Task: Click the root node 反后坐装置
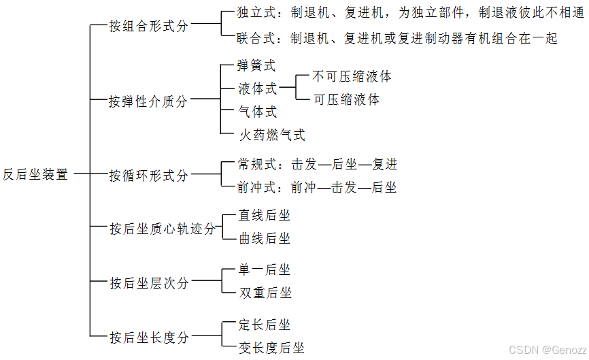[35, 174]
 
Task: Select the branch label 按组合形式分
[148, 27]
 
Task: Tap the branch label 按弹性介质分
[148, 101]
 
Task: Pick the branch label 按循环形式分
[148, 176]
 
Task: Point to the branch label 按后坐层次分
[148, 282]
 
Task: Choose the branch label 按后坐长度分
[148, 337]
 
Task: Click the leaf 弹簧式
[256, 66]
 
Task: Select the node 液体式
[257, 88]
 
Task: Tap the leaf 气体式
[257, 112]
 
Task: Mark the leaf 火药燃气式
[271, 135]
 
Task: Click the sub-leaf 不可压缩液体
[352, 76]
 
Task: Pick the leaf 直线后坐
[264, 216]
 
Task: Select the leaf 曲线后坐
[264, 239]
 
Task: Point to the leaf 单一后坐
[264, 270]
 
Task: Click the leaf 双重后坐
[265, 293]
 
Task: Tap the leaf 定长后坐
[264, 325]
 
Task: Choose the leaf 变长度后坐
[271, 348]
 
